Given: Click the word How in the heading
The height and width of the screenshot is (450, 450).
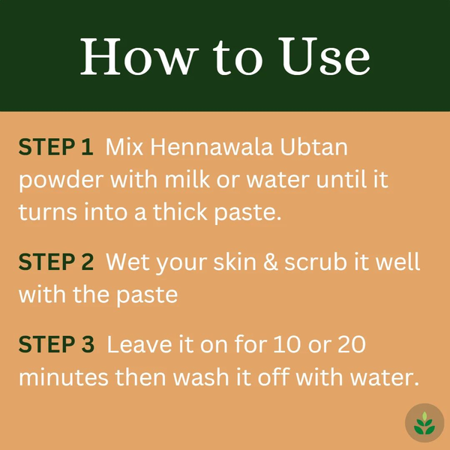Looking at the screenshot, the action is click(x=139, y=57).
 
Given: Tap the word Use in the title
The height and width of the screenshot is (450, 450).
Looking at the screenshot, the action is click(x=324, y=56).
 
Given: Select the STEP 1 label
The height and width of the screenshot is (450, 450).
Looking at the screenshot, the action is click(x=56, y=147).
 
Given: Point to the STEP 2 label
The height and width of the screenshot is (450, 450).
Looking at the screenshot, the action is click(x=56, y=262).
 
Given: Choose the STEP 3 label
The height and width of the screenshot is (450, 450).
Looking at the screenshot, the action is click(x=56, y=343).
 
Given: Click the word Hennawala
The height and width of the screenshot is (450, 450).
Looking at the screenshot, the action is click(x=211, y=147).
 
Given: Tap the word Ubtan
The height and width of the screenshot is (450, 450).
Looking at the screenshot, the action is click(x=313, y=147).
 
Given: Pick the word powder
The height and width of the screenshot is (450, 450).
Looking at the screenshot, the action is click(x=61, y=181).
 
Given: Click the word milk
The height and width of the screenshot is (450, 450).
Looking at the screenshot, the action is click(x=187, y=179).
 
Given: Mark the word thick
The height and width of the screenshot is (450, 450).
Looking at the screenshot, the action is click(x=180, y=211).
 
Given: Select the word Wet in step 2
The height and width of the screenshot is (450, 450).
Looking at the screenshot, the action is click(x=127, y=262).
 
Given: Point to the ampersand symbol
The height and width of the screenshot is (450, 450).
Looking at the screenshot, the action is click(x=271, y=262).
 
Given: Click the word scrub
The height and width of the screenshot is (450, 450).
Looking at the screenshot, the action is click(x=316, y=262).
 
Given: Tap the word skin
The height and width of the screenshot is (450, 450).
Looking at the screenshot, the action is click(x=235, y=262).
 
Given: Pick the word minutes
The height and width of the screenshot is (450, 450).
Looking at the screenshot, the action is click(x=64, y=377).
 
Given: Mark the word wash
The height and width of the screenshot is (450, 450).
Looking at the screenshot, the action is click(x=201, y=376).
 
